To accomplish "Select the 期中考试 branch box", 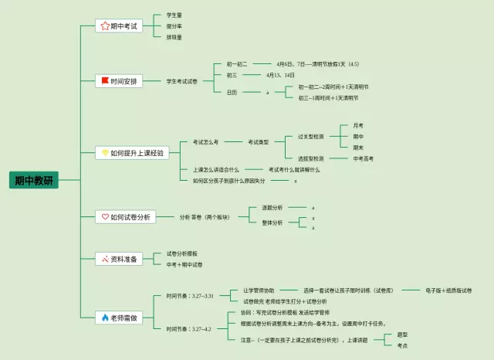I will tap(119, 25).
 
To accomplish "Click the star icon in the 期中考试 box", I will tap(105, 25).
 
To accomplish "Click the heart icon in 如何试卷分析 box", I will tap(105, 217).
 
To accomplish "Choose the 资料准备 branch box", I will tap(119, 260).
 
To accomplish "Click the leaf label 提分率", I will tap(174, 25).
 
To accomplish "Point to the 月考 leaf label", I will tap(358, 125).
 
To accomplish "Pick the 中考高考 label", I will tap(364, 158).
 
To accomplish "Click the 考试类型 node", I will tap(258, 142).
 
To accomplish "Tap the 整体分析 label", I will tap(272, 222).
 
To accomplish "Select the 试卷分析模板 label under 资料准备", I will tap(182, 253).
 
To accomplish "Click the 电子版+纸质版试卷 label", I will tap(448, 290).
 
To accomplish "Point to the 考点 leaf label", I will tap(402, 345).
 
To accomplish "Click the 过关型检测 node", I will tap(311, 137).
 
